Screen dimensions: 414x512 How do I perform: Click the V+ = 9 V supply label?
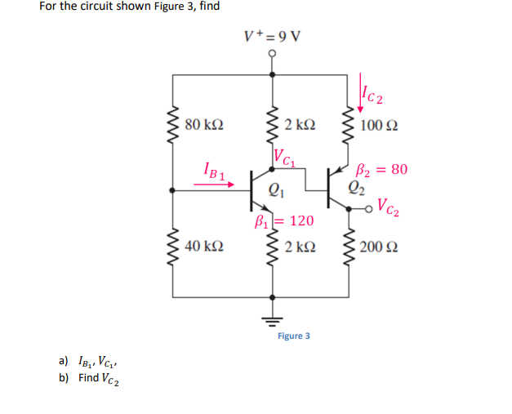pos(272,36)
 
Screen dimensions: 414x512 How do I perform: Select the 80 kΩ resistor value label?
pos(204,125)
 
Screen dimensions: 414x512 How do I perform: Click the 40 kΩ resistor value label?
pos(204,245)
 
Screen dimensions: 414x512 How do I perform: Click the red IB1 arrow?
pos(214,185)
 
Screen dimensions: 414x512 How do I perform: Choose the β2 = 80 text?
pos(382,170)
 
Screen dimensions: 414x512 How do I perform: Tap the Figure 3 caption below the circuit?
pos(293,336)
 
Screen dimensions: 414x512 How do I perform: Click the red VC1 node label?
pos(286,154)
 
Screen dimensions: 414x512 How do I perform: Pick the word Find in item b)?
pos(89,378)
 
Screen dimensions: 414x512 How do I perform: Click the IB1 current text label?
pos(214,171)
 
